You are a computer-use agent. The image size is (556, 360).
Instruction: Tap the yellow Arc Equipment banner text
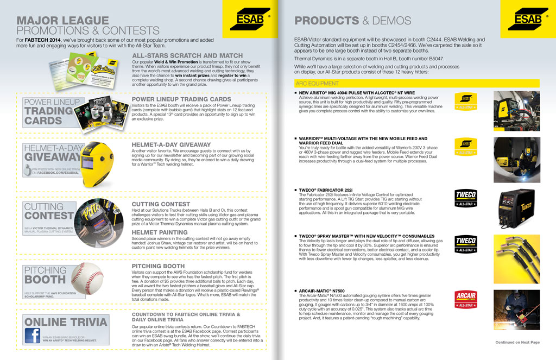317,84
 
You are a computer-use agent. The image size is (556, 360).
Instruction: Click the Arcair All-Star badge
465,299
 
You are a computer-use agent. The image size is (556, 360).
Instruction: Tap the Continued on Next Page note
517,343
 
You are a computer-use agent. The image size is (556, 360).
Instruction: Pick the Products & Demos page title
352,21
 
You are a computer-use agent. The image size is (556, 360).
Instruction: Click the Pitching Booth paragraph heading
158,266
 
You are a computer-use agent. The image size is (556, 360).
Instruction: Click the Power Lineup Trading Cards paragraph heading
182,99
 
